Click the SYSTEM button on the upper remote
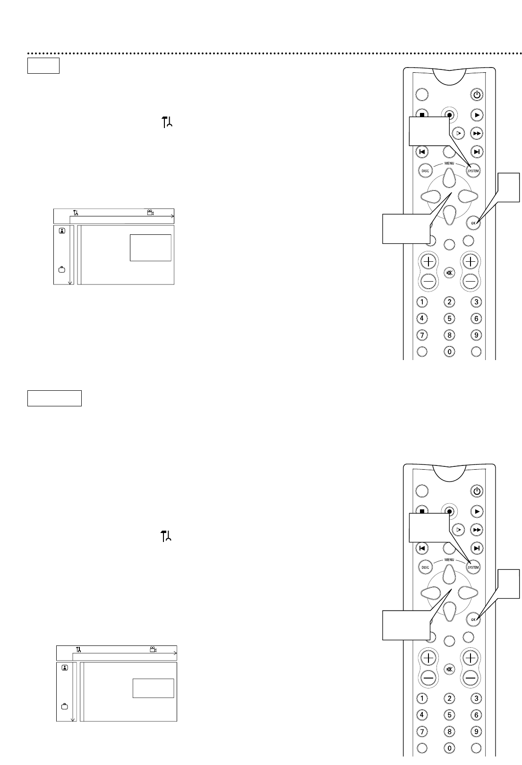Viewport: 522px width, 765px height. point(473,171)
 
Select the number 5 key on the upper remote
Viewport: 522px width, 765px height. point(449,319)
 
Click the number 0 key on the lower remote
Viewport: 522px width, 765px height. point(449,748)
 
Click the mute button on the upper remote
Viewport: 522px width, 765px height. point(449,273)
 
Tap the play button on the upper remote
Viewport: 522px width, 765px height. point(477,114)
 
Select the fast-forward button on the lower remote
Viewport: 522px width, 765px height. point(477,530)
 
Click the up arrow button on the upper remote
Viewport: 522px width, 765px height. point(449,178)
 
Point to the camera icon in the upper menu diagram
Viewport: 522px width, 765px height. point(151,212)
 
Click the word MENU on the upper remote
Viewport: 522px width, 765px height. point(449,163)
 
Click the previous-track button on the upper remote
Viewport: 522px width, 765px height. point(421,152)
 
